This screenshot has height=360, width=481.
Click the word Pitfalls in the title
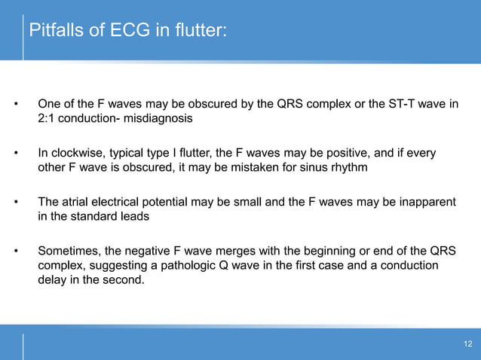[52, 32]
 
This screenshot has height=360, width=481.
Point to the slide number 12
[467, 344]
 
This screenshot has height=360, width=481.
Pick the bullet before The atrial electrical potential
[15, 203]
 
